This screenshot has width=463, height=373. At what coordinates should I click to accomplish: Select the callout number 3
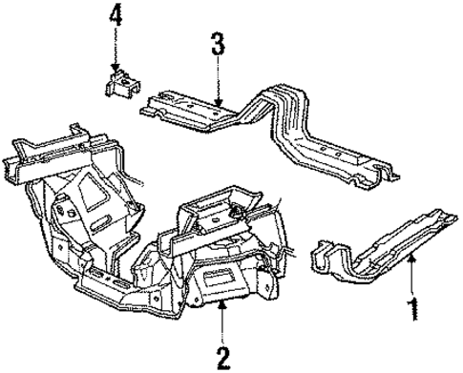coord(218,44)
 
